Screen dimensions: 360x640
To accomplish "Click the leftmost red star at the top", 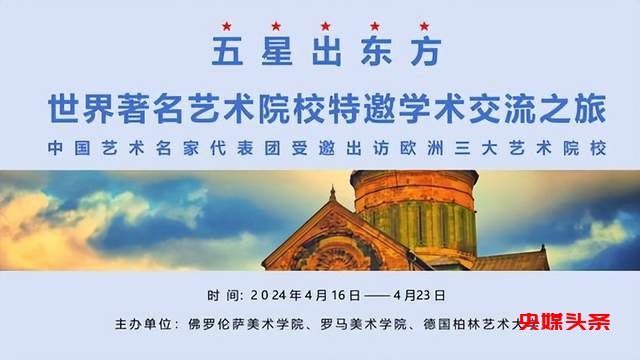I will [226, 25].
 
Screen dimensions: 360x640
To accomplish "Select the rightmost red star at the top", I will [423, 25].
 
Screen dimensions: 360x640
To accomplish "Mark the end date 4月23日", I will [417, 296].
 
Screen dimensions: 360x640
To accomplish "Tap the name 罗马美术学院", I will [352, 325].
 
